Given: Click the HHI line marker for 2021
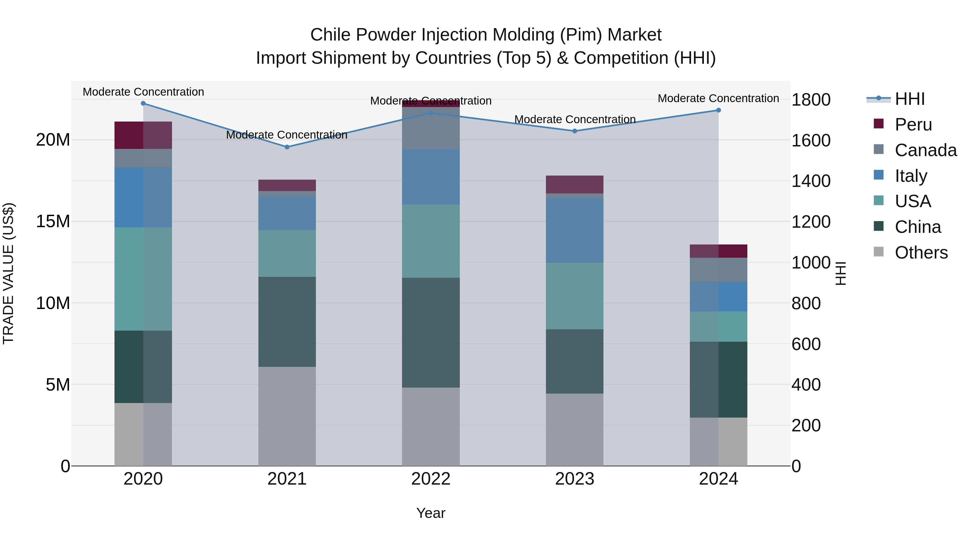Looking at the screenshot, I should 287,147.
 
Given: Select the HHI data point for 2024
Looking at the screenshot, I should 718,110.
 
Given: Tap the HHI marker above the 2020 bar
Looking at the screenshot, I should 143,103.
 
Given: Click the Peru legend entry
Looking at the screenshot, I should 913,124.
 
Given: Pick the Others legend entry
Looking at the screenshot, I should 921,252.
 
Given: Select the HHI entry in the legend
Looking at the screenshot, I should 909,99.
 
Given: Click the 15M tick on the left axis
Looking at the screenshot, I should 53,221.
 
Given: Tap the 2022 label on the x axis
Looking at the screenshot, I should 431,479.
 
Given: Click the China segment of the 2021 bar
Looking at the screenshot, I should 287,322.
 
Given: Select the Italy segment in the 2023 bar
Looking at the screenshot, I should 574,230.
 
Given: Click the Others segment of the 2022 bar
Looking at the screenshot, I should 431,427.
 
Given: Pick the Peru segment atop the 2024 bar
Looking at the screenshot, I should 718,251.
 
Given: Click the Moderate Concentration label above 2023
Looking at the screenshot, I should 575,119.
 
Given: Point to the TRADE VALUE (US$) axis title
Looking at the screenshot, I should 8,273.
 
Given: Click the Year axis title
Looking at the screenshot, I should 431,513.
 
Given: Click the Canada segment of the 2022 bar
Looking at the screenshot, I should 431,128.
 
